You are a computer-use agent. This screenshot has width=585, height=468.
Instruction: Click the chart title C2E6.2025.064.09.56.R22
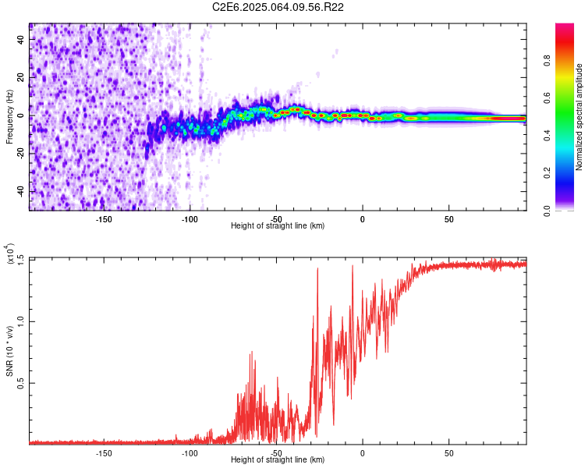point(278,7)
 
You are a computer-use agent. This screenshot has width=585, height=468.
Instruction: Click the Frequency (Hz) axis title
point(9,116)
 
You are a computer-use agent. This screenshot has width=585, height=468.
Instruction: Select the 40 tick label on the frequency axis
point(21,39)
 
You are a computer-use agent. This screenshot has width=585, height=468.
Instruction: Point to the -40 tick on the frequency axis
point(21,191)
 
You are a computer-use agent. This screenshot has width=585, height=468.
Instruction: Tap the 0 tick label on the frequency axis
point(21,115)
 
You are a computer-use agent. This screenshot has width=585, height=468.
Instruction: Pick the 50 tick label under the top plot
point(448,218)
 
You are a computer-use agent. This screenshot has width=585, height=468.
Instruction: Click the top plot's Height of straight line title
point(278,226)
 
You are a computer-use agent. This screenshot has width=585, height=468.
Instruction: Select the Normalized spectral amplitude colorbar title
point(579,117)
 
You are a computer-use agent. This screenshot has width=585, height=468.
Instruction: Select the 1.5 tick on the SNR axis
point(21,258)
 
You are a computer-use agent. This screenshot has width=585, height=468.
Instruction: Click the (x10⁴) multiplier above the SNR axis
point(10,254)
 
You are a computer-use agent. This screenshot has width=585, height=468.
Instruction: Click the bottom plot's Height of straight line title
point(278,460)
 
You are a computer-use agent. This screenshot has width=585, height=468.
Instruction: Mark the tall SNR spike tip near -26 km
point(317,268)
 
